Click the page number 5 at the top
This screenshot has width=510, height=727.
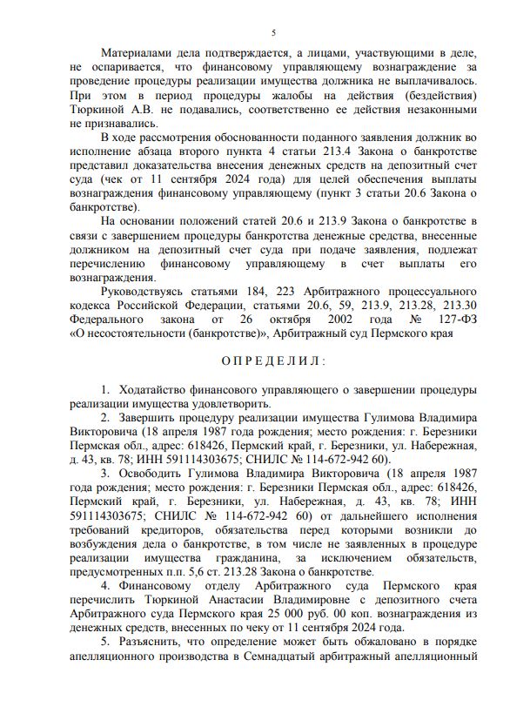click(x=273, y=32)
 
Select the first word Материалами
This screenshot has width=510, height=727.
click(x=138, y=52)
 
